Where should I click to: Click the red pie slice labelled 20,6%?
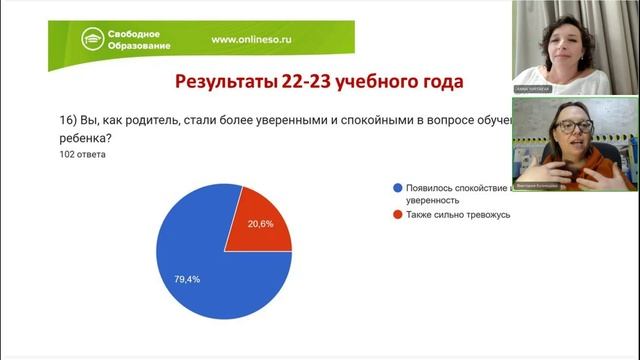pyautogui.click(x=257, y=227)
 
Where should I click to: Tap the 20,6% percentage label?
pyautogui.click(x=260, y=224)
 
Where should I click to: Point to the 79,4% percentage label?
pyautogui.click(x=186, y=279)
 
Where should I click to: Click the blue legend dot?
pyautogui.click(x=399, y=187)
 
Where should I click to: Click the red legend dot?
pyautogui.click(x=399, y=213)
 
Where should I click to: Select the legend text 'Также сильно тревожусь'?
pyautogui.click(x=458, y=213)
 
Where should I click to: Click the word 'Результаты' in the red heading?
pyautogui.click(x=222, y=81)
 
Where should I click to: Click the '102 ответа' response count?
pyautogui.click(x=82, y=155)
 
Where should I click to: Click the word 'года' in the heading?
pyautogui.click(x=444, y=81)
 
